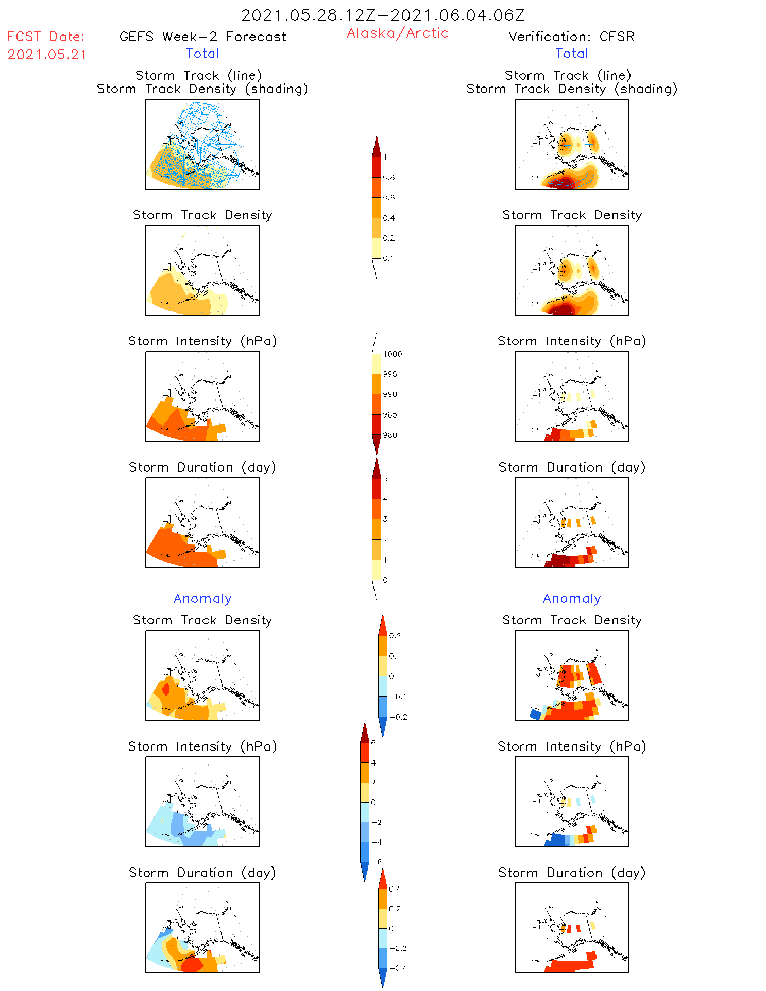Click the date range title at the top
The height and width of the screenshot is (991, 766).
tap(383, 15)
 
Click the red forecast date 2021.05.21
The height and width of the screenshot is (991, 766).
tap(47, 55)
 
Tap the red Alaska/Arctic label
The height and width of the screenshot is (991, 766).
tap(397, 33)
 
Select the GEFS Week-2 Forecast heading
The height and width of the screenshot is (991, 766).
tap(202, 37)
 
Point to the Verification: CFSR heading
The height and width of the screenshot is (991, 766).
tap(571, 37)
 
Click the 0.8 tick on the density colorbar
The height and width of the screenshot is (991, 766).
tap(388, 178)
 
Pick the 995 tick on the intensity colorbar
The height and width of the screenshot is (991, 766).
tap(390, 374)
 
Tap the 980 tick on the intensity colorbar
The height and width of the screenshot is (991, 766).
tap(390, 435)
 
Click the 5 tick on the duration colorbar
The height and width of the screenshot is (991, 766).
tap(385, 479)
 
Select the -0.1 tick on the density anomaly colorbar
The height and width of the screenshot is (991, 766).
tap(397, 697)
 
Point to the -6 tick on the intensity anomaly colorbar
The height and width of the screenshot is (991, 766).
tap(377, 862)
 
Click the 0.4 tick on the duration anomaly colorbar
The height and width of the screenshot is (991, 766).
tap(395, 889)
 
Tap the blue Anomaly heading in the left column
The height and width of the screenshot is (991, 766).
tap(202, 598)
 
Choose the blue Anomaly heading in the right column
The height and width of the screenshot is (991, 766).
tap(572, 598)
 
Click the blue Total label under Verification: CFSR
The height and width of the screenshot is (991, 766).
tap(572, 53)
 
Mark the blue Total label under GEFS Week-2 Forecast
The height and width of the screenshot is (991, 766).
tap(202, 53)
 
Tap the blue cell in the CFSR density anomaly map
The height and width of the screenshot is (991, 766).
tap(535, 714)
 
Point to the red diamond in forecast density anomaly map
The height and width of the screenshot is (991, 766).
tap(166, 688)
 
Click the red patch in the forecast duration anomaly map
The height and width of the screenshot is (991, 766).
tap(195, 964)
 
